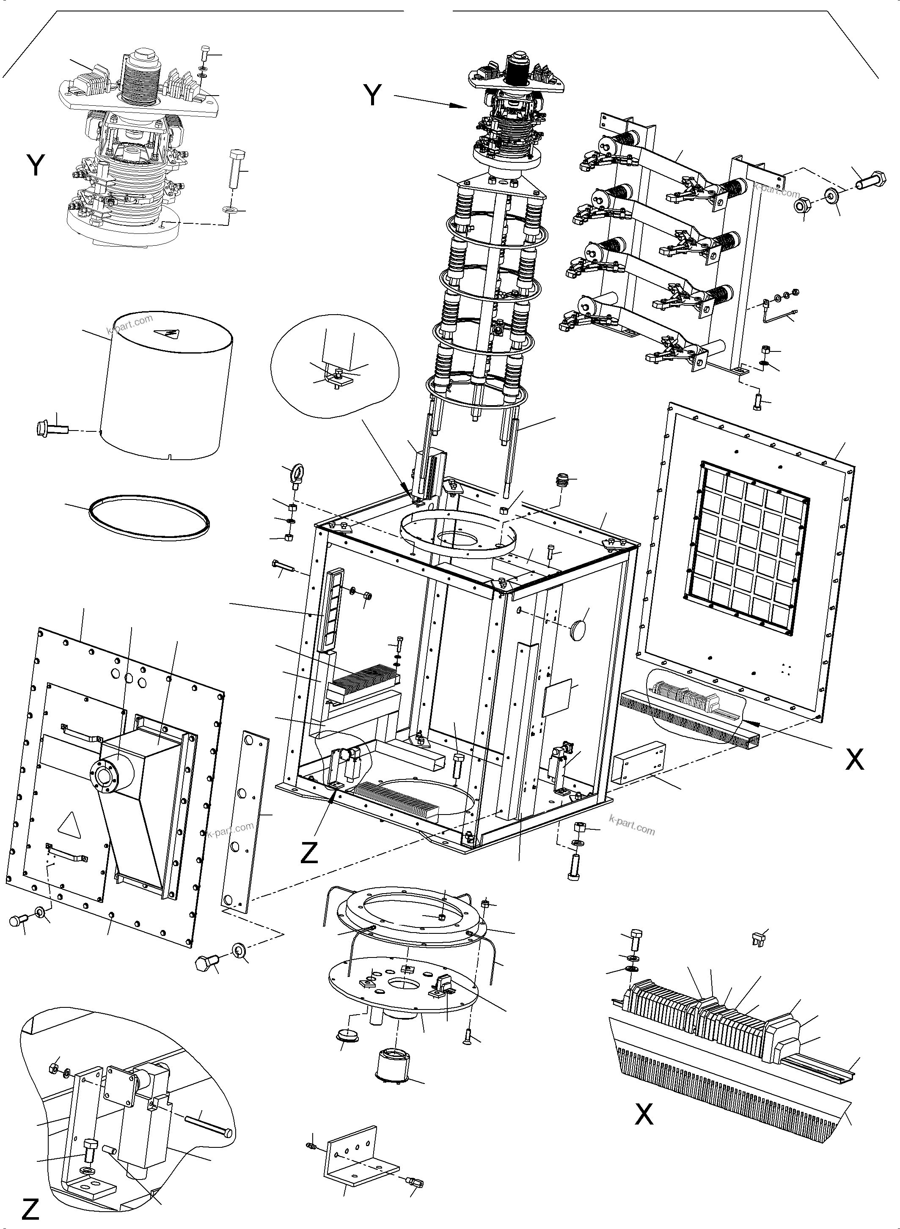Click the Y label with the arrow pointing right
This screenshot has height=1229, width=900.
pos(373,96)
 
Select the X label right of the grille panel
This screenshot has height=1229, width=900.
pos(854,759)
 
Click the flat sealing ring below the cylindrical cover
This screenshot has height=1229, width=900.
pos(149,518)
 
